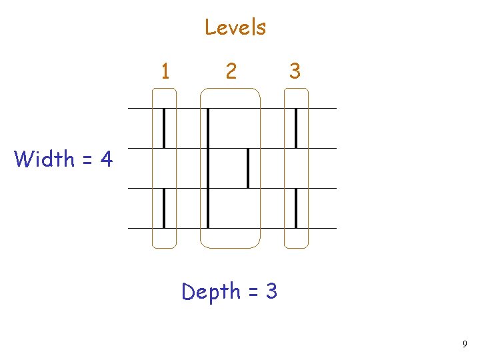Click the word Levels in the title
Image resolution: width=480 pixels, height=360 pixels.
click(x=235, y=27)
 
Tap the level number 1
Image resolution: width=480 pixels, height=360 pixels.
click(x=165, y=70)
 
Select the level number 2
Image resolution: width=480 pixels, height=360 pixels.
click(x=230, y=70)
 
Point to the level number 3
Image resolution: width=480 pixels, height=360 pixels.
click(x=295, y=70)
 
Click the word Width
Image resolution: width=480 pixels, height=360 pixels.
click(x=44, y=159)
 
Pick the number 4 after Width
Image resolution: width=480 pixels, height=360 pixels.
click(x=106, y=159)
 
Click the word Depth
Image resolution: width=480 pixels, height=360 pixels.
click(x=211, y=291)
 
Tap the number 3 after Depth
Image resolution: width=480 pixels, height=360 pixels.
click(x=271, y=292)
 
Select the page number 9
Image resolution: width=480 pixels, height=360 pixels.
click(x=464, y=344)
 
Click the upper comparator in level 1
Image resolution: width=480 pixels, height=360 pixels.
click(x=164, y=128)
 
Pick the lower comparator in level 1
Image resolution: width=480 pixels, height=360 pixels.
click(x=164, y=208)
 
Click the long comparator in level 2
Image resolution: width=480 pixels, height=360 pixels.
click(x=208, y=168)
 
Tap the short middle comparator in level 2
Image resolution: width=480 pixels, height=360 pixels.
click(x=247, y=168)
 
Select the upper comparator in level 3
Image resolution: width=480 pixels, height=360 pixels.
click(x=296, y=128)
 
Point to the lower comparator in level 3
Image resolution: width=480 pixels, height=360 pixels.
click(x=296, y=208)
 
